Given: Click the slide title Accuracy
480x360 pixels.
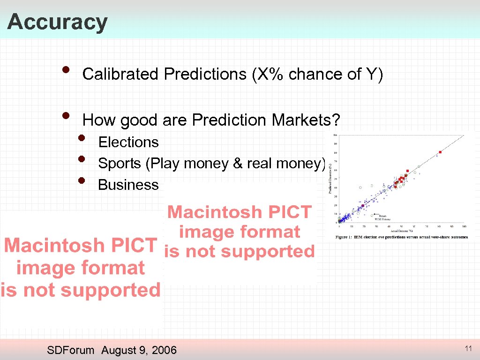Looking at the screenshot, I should [57, 22].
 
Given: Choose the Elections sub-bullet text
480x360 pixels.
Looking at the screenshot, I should [128, 142].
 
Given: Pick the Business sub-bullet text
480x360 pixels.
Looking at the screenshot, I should [128, 185].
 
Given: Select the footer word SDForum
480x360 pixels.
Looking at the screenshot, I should [71, 350].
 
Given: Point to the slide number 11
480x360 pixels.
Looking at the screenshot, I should [468, 348].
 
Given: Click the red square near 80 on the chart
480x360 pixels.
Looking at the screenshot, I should [440, 152].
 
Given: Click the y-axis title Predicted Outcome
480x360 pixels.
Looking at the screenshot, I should [331, 178].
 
